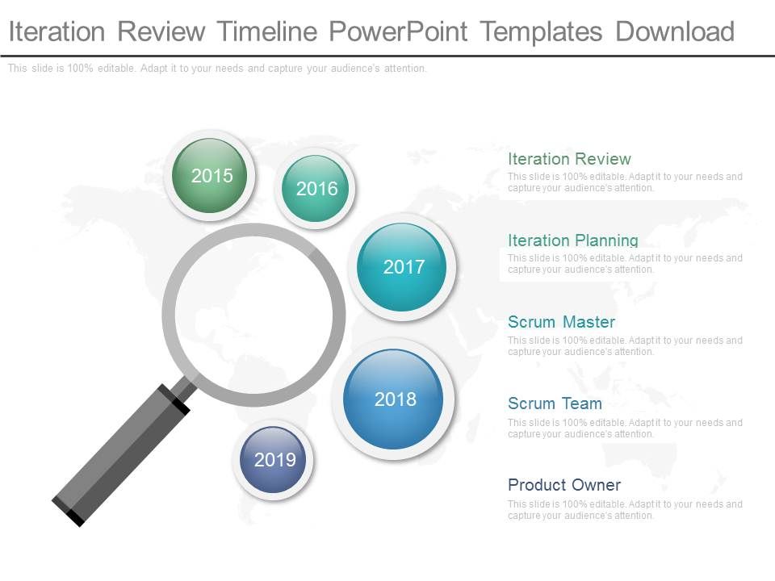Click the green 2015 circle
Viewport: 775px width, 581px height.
coord(212,176)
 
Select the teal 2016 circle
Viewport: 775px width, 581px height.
coord(316,189)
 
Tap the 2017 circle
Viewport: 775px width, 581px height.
coord(402,267)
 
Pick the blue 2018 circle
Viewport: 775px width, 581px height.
coord(393,399)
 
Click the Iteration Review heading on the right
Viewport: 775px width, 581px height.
coord(569,159)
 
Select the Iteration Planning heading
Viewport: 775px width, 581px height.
coord(572,240)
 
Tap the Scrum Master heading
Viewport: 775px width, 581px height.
coord(561,322)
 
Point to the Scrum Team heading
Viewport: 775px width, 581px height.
coord(555,403)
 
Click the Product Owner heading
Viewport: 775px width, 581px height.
coord(563,485)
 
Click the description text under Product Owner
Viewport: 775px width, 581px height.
coord(624,510)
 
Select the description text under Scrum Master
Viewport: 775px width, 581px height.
coord(624,346)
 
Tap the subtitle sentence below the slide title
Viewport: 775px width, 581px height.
coord(217,69)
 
